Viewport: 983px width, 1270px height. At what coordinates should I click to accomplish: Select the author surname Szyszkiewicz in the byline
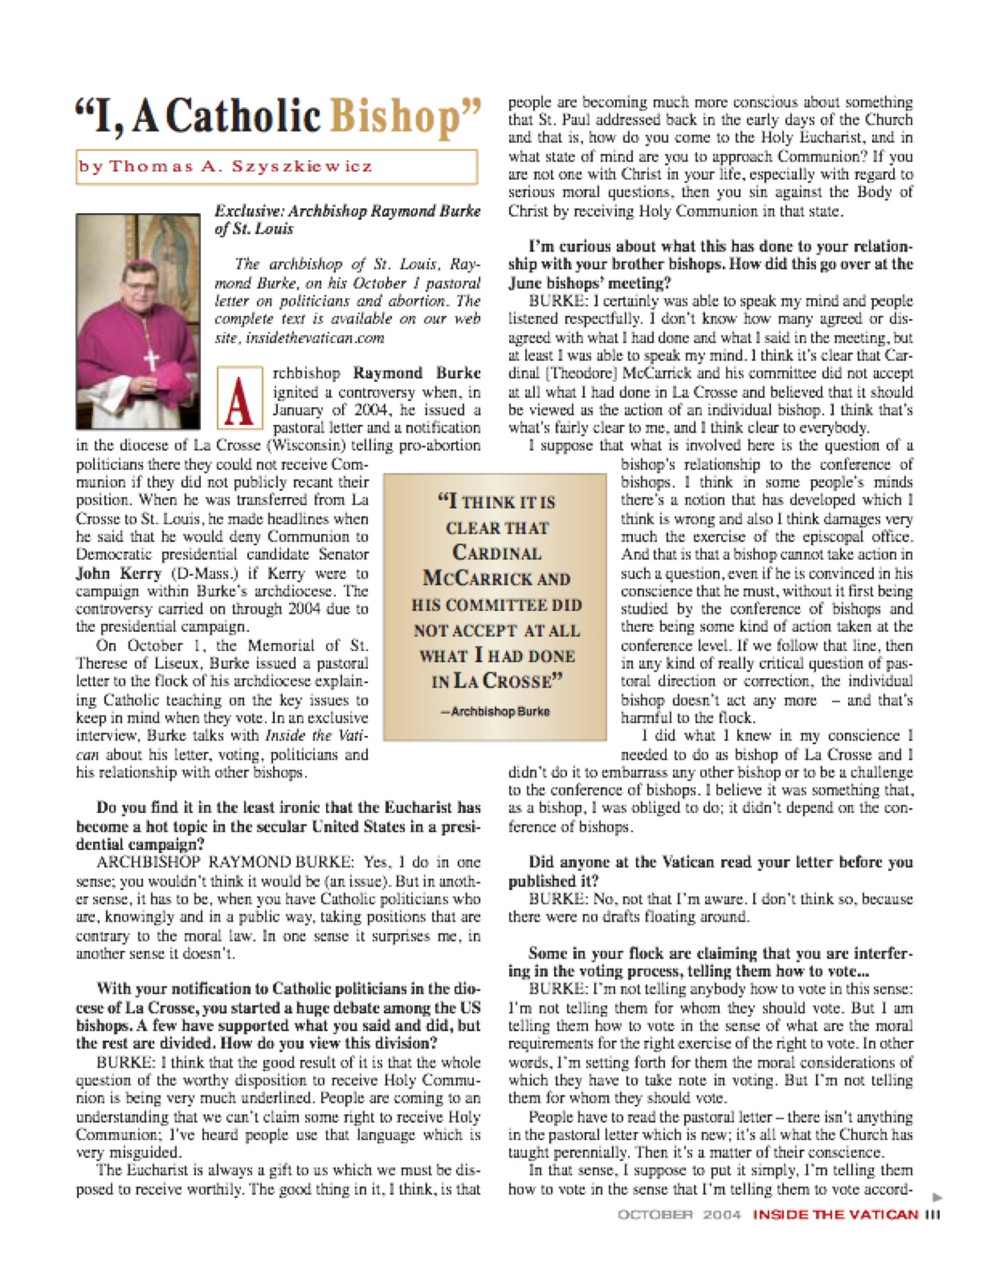(x=301, y=167)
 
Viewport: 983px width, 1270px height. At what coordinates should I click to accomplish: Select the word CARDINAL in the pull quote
(x=496, y=552)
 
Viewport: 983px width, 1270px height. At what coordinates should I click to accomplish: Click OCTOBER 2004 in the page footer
(x=678, y=1215)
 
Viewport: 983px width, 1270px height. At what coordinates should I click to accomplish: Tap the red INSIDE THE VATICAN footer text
(x=835, y=1215)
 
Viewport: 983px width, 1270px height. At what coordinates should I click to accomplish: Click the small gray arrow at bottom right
(x=936, y=1197)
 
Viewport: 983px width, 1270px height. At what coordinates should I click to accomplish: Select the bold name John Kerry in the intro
(x=119, y=573)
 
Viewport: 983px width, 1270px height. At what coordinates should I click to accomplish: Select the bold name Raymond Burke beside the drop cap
(x=417, y=373)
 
